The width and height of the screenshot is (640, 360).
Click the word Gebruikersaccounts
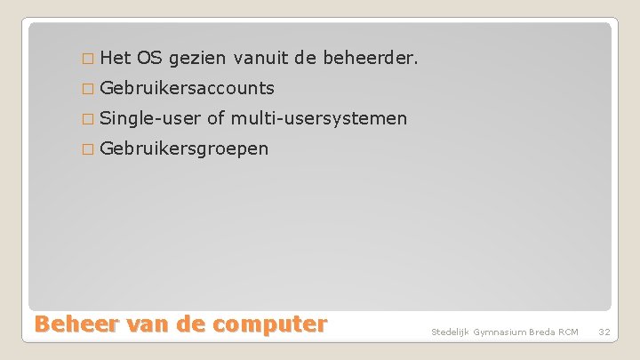click(x=187, y=89)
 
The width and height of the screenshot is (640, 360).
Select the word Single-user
click(x=150, y=119)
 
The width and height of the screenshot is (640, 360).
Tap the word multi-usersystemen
click(x=319, y=118)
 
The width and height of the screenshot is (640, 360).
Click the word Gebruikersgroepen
click(x=184, y=148)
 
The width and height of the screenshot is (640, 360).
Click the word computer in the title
click(x=268, y=324)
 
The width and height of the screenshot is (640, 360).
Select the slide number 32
click(x=604, y=332)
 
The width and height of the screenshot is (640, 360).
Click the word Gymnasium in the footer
click(x=501, y=332)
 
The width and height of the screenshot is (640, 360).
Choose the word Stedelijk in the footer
click(x=451, y=332)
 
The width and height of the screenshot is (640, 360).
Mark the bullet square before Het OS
click(x=86, y=60)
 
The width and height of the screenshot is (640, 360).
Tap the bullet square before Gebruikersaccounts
click(x=86, y=89)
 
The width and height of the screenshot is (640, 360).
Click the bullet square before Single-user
click(x=86, y=119)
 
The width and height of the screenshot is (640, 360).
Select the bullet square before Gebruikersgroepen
click(x=86, y=148)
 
